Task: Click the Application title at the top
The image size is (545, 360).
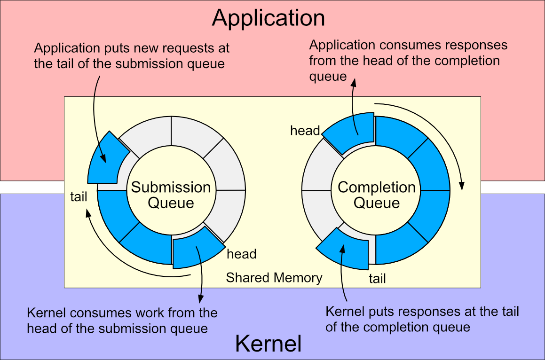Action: click(269, 18)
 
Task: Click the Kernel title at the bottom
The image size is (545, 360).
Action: click(268, 344)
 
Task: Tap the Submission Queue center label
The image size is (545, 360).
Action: click(171, 195)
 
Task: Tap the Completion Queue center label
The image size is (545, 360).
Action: click(377, 195)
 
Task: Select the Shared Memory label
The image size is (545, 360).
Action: click(274, 278)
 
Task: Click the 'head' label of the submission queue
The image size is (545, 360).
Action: click(241, 254)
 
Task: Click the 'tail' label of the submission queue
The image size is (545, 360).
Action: click(79, 196)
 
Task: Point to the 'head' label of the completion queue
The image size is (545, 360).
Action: click(305, 131)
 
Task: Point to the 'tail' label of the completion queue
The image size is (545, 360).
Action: click(377, 279)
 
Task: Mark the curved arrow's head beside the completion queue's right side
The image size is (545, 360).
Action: click(462, 187)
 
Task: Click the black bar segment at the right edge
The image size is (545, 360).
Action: click(513, 187)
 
